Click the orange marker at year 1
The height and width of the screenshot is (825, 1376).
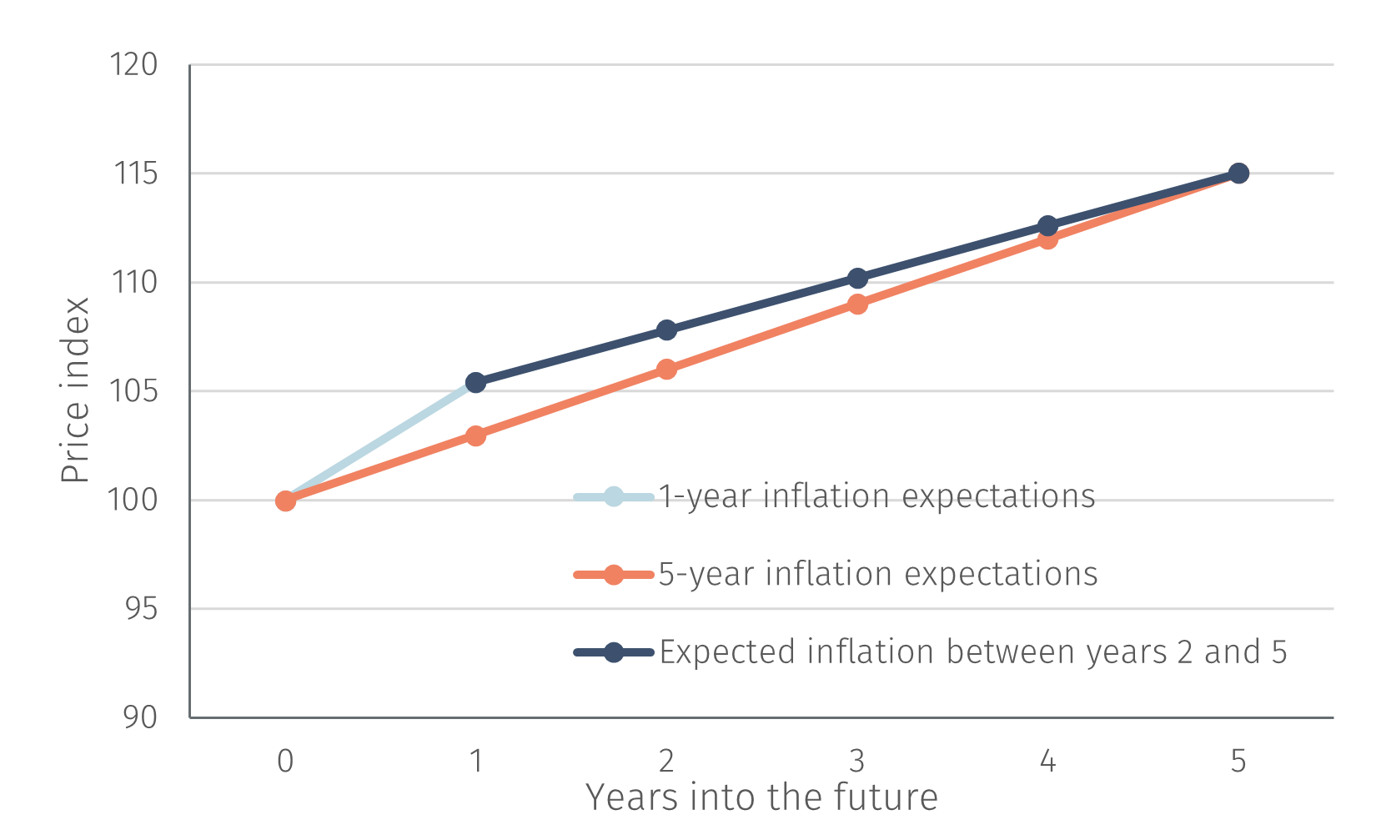pos(475,435)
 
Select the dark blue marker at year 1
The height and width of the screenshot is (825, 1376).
pos(475,383)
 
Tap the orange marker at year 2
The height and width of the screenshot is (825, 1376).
pos(666,369)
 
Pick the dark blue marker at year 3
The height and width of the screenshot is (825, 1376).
pos(857,278)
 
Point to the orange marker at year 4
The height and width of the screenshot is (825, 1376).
pos(1047,239)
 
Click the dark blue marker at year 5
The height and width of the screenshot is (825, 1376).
pos(1238,174)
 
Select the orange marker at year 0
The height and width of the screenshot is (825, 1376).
pos(285,501)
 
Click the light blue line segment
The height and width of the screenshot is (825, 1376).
pos(380,442)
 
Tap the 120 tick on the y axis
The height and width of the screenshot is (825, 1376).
pos(134,65)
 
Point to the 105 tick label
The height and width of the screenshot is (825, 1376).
pos(134,391)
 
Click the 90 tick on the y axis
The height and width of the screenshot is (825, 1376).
pos(139,717)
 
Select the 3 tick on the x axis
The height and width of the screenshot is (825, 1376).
pos(857,761)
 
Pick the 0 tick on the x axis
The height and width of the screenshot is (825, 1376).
pos(285,761)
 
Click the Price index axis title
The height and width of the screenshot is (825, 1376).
pos(75,390)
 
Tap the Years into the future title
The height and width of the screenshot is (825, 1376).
pos(761,797)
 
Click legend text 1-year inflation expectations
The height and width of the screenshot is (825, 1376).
pos(876,496)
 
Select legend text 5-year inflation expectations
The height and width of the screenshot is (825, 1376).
pos(877,574)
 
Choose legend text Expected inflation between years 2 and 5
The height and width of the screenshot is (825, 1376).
pos(972,652)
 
